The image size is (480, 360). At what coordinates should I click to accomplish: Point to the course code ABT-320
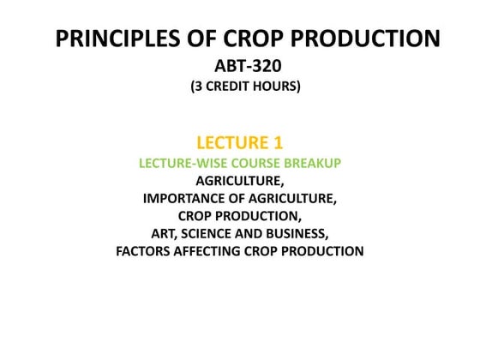pyautogui.click(x=240, y=68)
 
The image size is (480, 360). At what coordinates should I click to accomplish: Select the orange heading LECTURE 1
pyautogui.click(x=240, y=142)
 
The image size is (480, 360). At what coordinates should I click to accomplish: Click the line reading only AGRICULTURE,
pyautogui.click(x=240, y=181)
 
